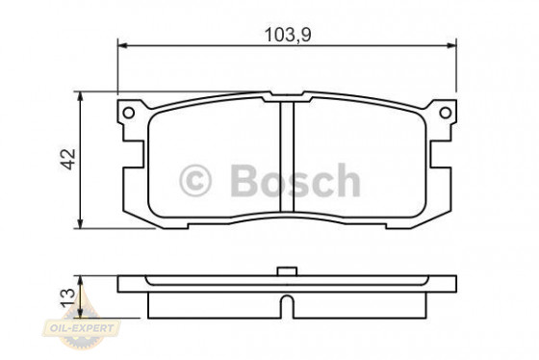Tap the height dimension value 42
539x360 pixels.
coord(66,160)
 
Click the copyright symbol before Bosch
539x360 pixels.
coord(195,180)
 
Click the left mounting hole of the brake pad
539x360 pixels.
coord(126,114)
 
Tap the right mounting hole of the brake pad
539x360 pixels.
coord(444,114)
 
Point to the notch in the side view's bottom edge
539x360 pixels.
coord(285,309)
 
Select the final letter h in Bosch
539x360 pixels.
coord(347,180)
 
